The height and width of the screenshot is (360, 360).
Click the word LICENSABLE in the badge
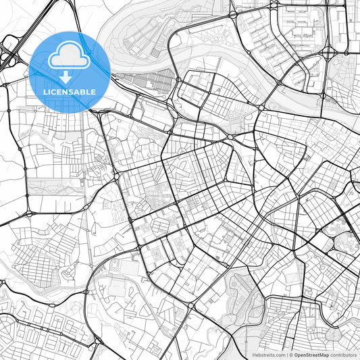[x=70, y=91]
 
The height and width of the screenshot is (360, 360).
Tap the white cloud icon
[x=70, y=55]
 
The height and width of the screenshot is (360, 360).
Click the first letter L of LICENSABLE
[x=45, y=91]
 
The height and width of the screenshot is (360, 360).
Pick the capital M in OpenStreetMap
[x=322, y=355]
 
